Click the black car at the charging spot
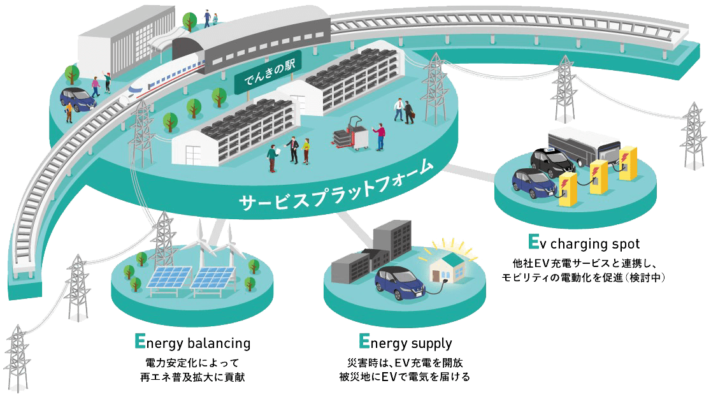(x=551, y=162)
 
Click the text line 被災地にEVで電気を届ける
(x=405, y=377)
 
